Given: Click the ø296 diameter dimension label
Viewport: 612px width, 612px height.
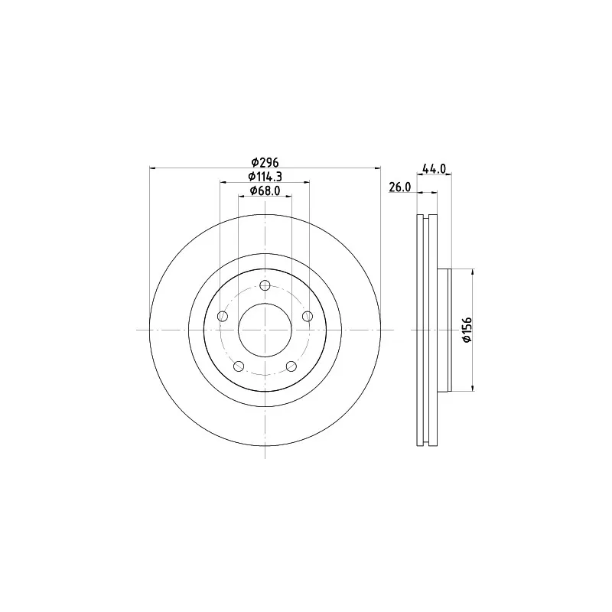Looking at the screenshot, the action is pyautogui.click(x=265, y=161).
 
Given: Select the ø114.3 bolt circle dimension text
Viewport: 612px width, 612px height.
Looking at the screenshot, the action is pyautogui.click(x=265, y=177).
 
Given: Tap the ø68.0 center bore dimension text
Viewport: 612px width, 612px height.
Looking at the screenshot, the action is pyautogui.click(x=265, y=190).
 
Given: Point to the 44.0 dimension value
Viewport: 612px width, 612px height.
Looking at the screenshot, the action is pyautogui.click(x=434, y=168).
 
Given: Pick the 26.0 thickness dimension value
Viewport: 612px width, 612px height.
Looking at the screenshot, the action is pyautogui.click(x=400, y=187).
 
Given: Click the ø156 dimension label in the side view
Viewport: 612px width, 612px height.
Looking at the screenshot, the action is pyautogui.click(x=467, y=330).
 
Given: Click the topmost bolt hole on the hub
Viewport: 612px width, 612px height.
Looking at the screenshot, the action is pyautogui.click(x=265, y=285).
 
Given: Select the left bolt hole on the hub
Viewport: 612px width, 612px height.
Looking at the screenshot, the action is pyautogui.click(x=223, y=316).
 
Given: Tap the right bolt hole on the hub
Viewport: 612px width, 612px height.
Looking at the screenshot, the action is pyautogui.click(x=308, y=316).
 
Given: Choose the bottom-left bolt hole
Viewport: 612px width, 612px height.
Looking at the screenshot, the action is pyautogui.click(x=239, y=366).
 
